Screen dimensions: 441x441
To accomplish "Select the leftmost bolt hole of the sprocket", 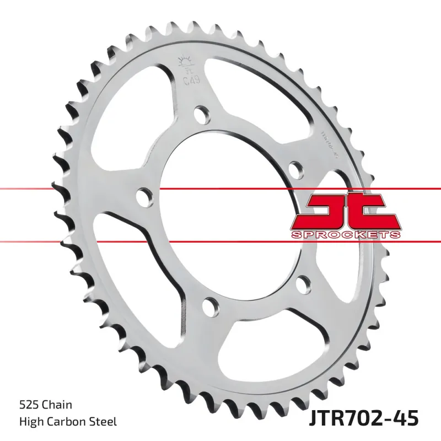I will [143, 196].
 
